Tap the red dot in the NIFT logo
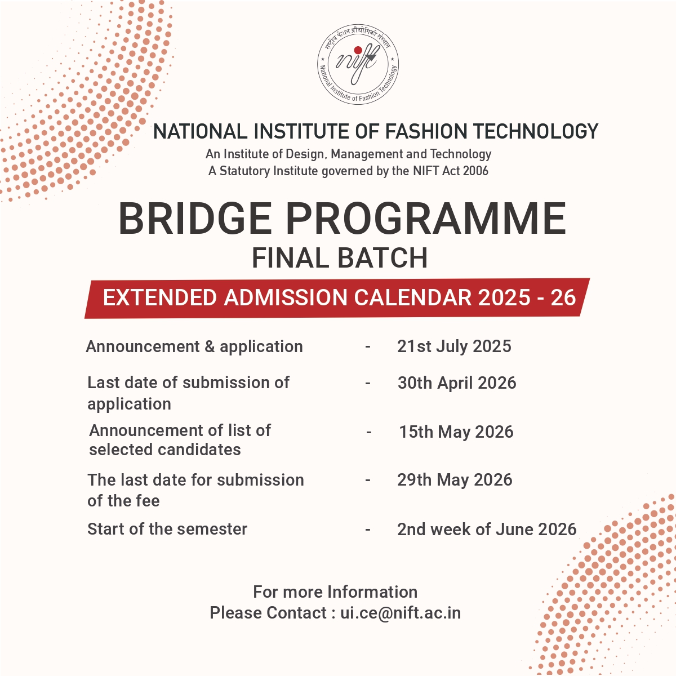point(358,50)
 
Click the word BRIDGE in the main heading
point(195,219)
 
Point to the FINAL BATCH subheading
point(339,259)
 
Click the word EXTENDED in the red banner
point(161,297)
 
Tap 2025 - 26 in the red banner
point(527,297)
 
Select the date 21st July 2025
point(454,346)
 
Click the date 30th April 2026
point(457,383)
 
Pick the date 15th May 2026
point(456,432)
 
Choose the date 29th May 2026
point(455,480)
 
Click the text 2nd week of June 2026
point(487,530)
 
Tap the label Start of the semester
point(167,530)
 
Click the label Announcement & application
point(194,346)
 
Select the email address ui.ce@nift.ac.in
point(401,613)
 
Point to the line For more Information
point(335,592)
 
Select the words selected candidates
point(165,450)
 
